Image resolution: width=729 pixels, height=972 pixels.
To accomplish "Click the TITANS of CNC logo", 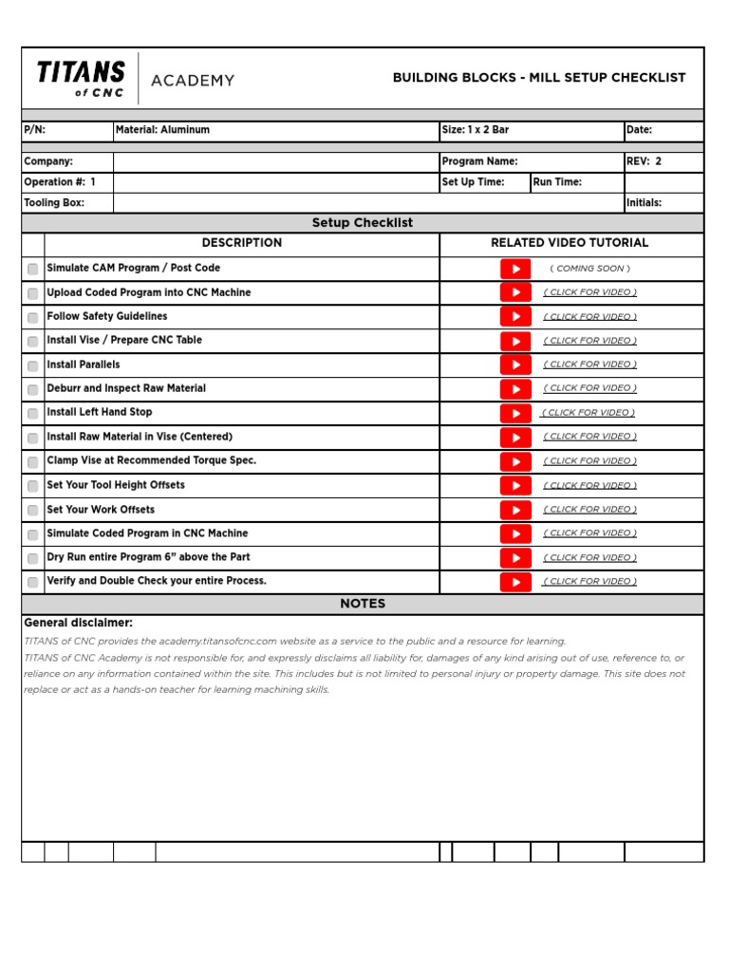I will pos(81,78).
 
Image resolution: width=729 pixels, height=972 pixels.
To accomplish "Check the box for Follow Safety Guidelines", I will pos(33,317).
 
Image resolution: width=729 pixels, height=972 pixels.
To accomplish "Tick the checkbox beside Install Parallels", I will pos(33,365).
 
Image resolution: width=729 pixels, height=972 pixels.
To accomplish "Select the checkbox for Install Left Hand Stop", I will pos(33,414).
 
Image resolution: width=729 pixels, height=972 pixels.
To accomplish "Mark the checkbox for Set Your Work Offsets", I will pos(33,511).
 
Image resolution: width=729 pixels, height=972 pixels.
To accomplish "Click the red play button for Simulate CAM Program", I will pos(515,269).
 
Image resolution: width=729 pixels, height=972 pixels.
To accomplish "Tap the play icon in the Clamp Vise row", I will pos(515,461).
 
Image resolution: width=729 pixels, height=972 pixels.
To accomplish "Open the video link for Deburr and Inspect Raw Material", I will pos(589,388).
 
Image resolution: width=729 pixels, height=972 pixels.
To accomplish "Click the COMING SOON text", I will pos(589,269).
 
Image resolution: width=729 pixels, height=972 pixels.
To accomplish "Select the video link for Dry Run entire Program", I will pos(589,558).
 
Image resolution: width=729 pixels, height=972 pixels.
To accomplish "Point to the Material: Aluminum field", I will pos(162,130).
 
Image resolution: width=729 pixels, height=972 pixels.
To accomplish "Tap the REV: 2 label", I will pos(645,161).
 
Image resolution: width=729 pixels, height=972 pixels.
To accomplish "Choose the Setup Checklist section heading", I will pos(363,223).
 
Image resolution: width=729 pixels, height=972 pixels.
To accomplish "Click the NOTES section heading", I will pos(363,604).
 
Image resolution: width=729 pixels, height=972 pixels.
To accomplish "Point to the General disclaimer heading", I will pos(78,623).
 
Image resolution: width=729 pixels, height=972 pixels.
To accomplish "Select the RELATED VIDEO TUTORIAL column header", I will pos(570,243).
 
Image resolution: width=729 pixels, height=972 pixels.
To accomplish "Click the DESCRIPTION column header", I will pos(242,243).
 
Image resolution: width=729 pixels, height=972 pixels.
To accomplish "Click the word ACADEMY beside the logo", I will pos(193,81).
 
